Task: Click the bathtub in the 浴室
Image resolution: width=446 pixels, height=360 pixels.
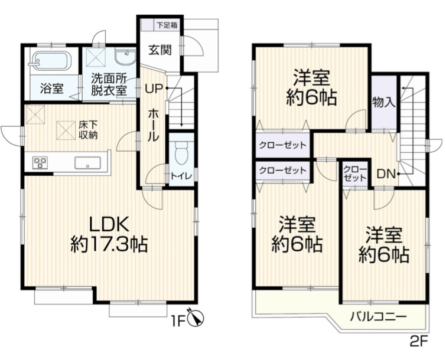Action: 51,61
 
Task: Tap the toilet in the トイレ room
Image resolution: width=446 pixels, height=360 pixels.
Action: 181,152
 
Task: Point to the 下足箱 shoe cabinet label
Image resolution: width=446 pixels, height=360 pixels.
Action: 168,25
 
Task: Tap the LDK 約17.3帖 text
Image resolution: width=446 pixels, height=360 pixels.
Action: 109,233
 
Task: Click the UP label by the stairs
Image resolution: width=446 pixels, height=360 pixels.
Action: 154,90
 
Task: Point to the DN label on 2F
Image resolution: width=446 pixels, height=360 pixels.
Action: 386,174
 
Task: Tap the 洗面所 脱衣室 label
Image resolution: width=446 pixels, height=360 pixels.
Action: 108,84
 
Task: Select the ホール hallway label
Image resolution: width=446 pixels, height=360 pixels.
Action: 152,124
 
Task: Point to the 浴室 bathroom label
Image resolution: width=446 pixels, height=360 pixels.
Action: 51,90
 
